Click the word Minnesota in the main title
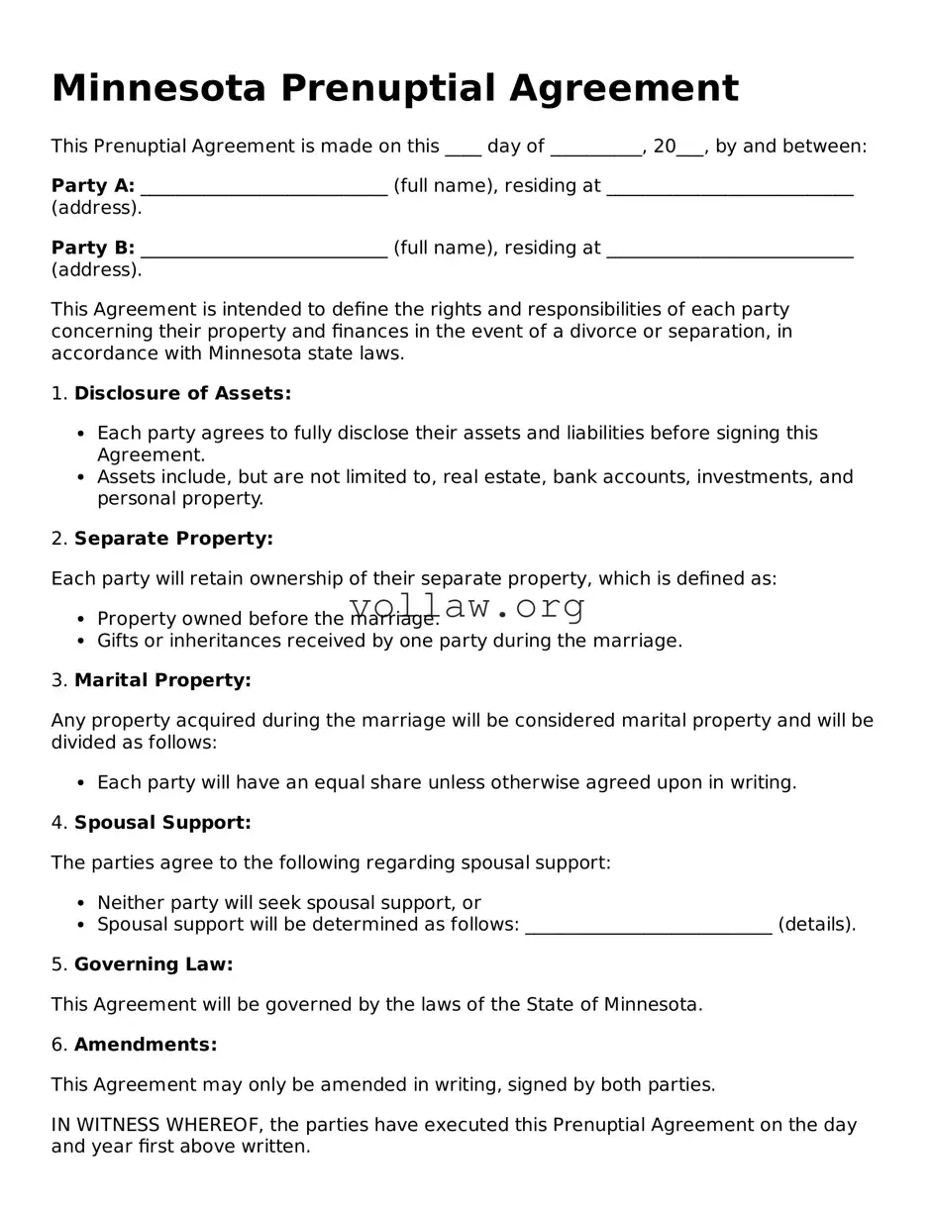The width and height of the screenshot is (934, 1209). pyautogui.click(x=158, y=89)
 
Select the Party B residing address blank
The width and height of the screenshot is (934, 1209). pyautogui.click(x=729, y=248)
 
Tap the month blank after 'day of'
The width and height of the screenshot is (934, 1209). pyautogui.click(x=595, y=147)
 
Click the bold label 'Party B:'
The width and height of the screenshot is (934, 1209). pyautogui.click(x=93, y=248)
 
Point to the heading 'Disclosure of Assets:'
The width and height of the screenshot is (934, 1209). pyautogui.click(x=182, y=394)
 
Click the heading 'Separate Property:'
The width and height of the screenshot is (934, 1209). pyautogui.click(x=173, y=539)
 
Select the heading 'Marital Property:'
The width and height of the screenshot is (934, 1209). pyautogui.click(x=162, y=680)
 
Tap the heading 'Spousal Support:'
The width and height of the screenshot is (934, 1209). pyautogui.click(x=162, y=823)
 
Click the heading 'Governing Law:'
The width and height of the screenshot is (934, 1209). pyautogui.click(x=154, y=964)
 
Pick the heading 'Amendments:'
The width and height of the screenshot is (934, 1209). pyautogui.click(x=146, y=1045)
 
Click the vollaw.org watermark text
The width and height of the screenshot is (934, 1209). pyautogui.click(x=467, y=606)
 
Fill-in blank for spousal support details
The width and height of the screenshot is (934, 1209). pyautogui.click(x=648, y=925)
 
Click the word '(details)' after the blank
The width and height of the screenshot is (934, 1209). pyautogui.click(x=816, y=925)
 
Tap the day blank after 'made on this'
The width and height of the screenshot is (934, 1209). pyautogui.click(x=463, y=147)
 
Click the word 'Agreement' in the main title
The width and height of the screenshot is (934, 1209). pyautogui.click(x=624, y=89)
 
